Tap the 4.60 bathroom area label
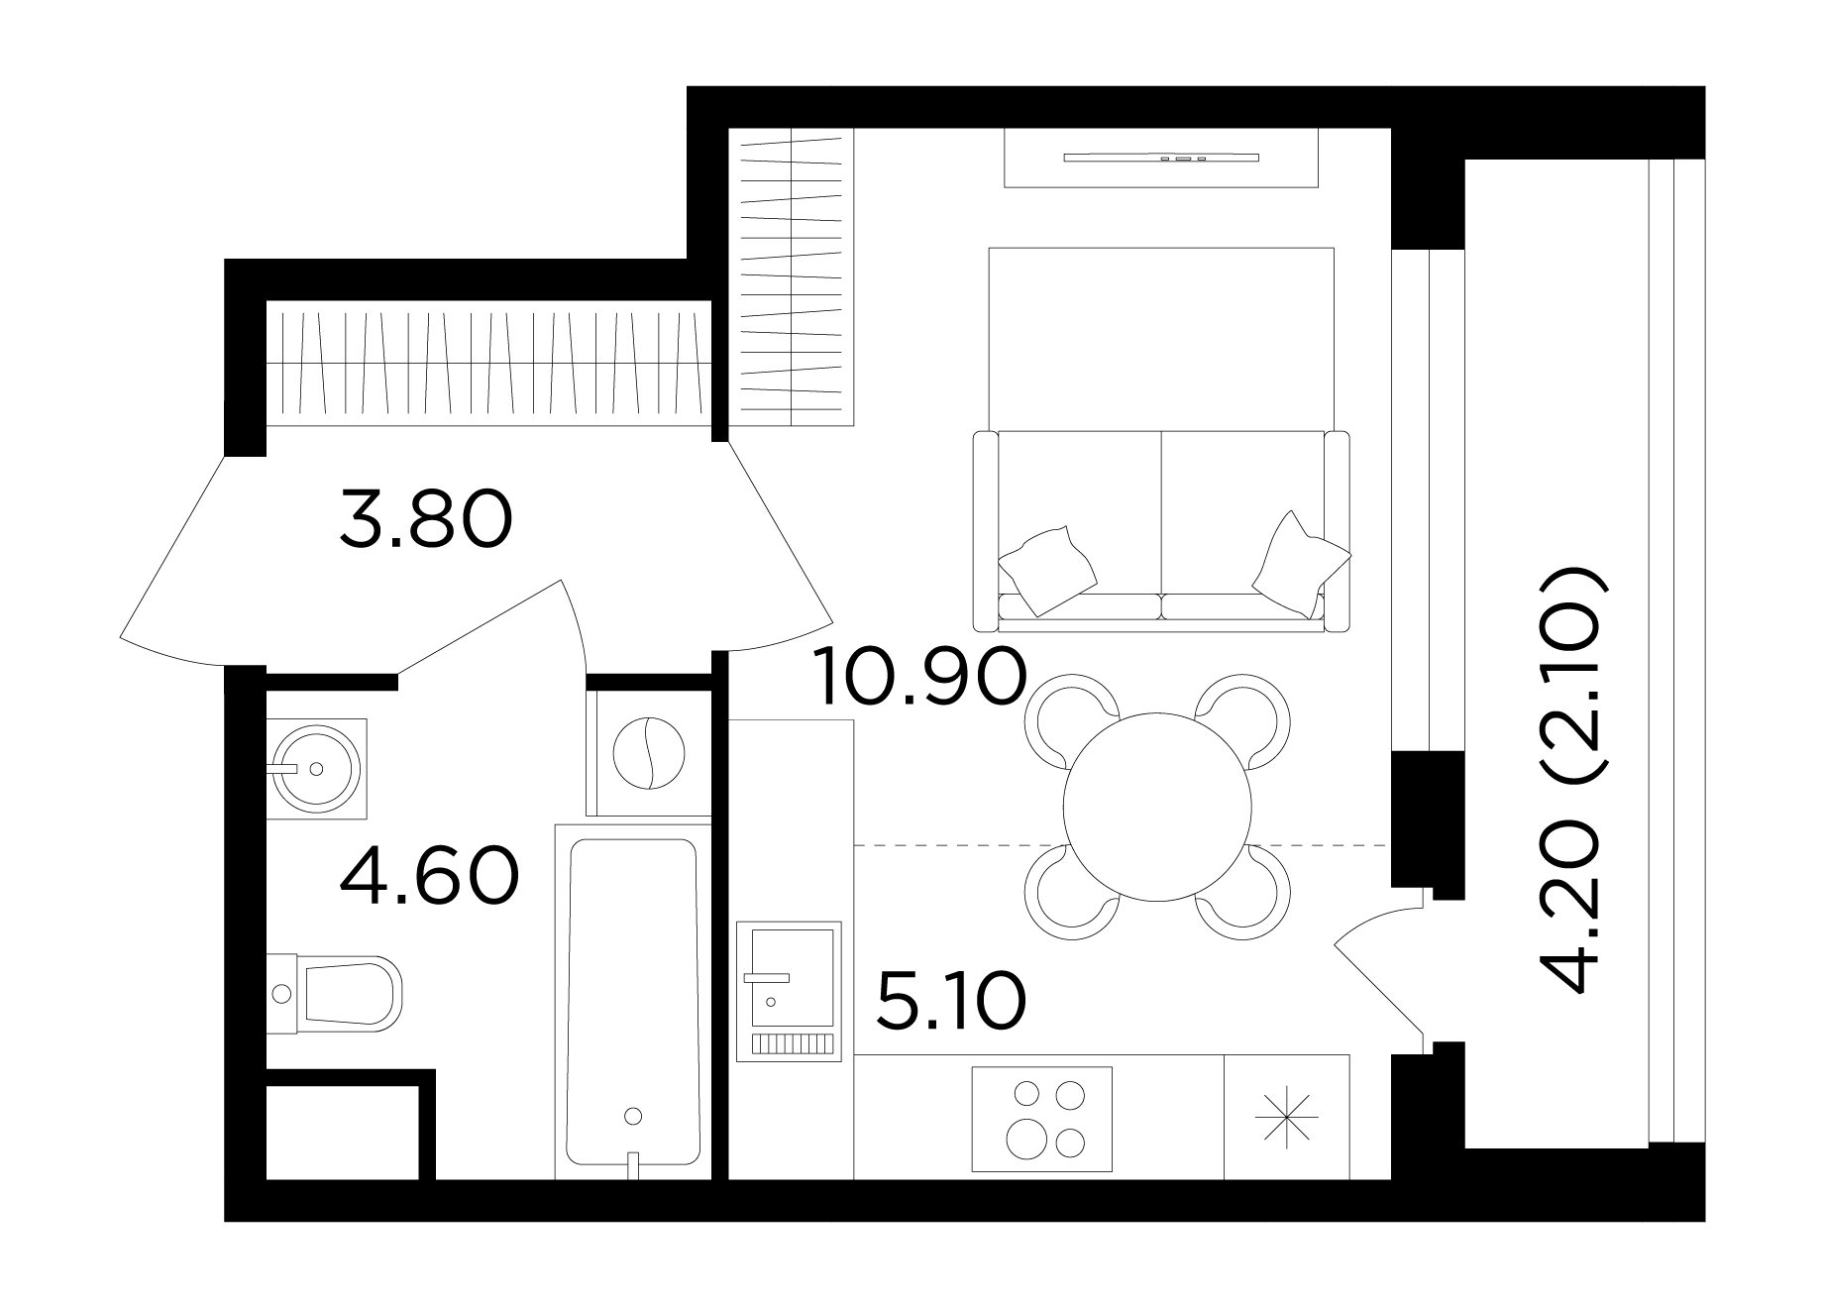[x=429, y=876]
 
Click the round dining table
[x=1157, y=807]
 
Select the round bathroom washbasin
[x=316, y=769]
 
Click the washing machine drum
[x=649, y=752]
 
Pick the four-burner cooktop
[x=1042, y=1119]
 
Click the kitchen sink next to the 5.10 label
[x=789, y=991]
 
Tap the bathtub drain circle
[x=634, y=1117]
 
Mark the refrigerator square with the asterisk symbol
[x=1287, y=1117]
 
